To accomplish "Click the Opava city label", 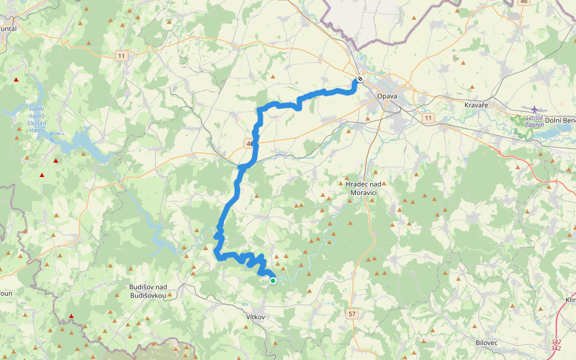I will [387, 96].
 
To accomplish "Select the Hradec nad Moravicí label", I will [364, 188].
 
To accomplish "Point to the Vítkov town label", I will [255, 316].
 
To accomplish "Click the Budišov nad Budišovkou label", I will [148, 291].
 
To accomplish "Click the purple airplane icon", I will [535, 109].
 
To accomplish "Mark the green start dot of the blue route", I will [273, 280].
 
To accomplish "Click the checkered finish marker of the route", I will [360, 79].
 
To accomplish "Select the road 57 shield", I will [352, 313].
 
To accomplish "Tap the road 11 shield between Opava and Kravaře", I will [427, 118].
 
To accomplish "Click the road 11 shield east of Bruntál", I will [122, 56].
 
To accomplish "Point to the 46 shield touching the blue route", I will [249, 143].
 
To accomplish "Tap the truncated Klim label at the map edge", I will [569, 299].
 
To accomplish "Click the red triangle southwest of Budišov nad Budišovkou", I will [71, 316].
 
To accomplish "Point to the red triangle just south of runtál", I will [16, 80].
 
